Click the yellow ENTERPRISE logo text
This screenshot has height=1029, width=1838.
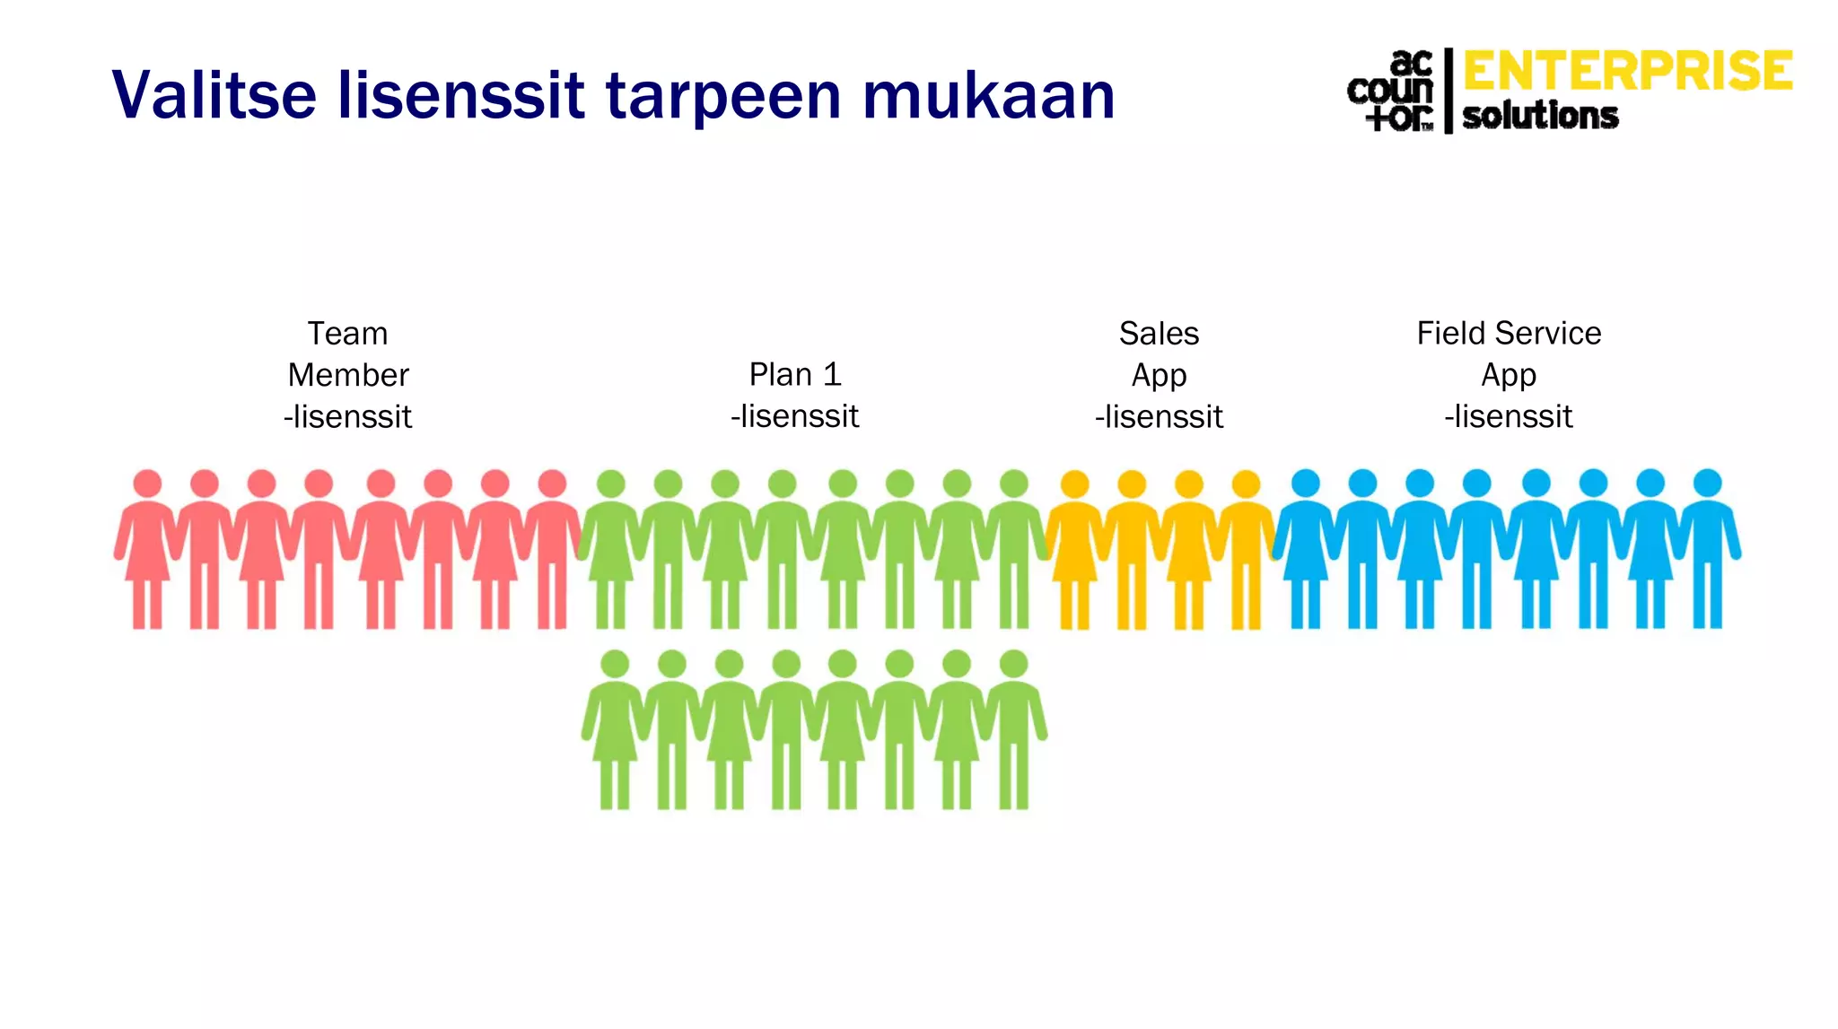click(1627, 72)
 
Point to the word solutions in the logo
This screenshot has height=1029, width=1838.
click(1540, 116)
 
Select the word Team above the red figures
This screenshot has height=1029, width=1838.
click(347, 334)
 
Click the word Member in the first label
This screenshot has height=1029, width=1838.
click(348, 375)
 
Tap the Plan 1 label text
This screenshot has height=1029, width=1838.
click(795, 374)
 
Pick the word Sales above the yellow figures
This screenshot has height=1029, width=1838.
click(1159, 334)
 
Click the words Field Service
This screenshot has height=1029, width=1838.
click(1509, 334)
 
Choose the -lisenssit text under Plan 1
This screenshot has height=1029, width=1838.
click(795, 416)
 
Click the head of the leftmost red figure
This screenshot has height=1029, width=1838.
click(147, 484)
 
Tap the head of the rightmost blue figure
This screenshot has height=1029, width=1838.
click(1707, 483)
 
